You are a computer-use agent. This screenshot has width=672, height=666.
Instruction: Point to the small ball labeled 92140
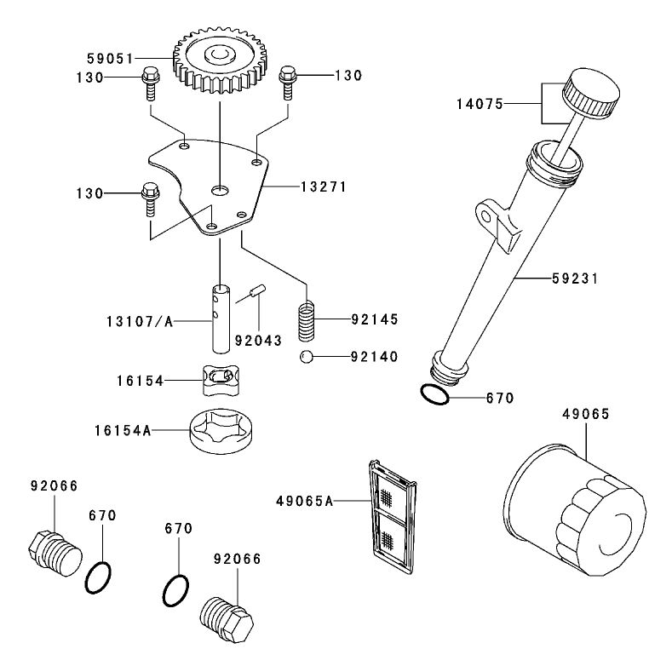305,356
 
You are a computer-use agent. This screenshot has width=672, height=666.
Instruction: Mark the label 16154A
122,432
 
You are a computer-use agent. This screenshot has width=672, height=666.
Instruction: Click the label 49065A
304,501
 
